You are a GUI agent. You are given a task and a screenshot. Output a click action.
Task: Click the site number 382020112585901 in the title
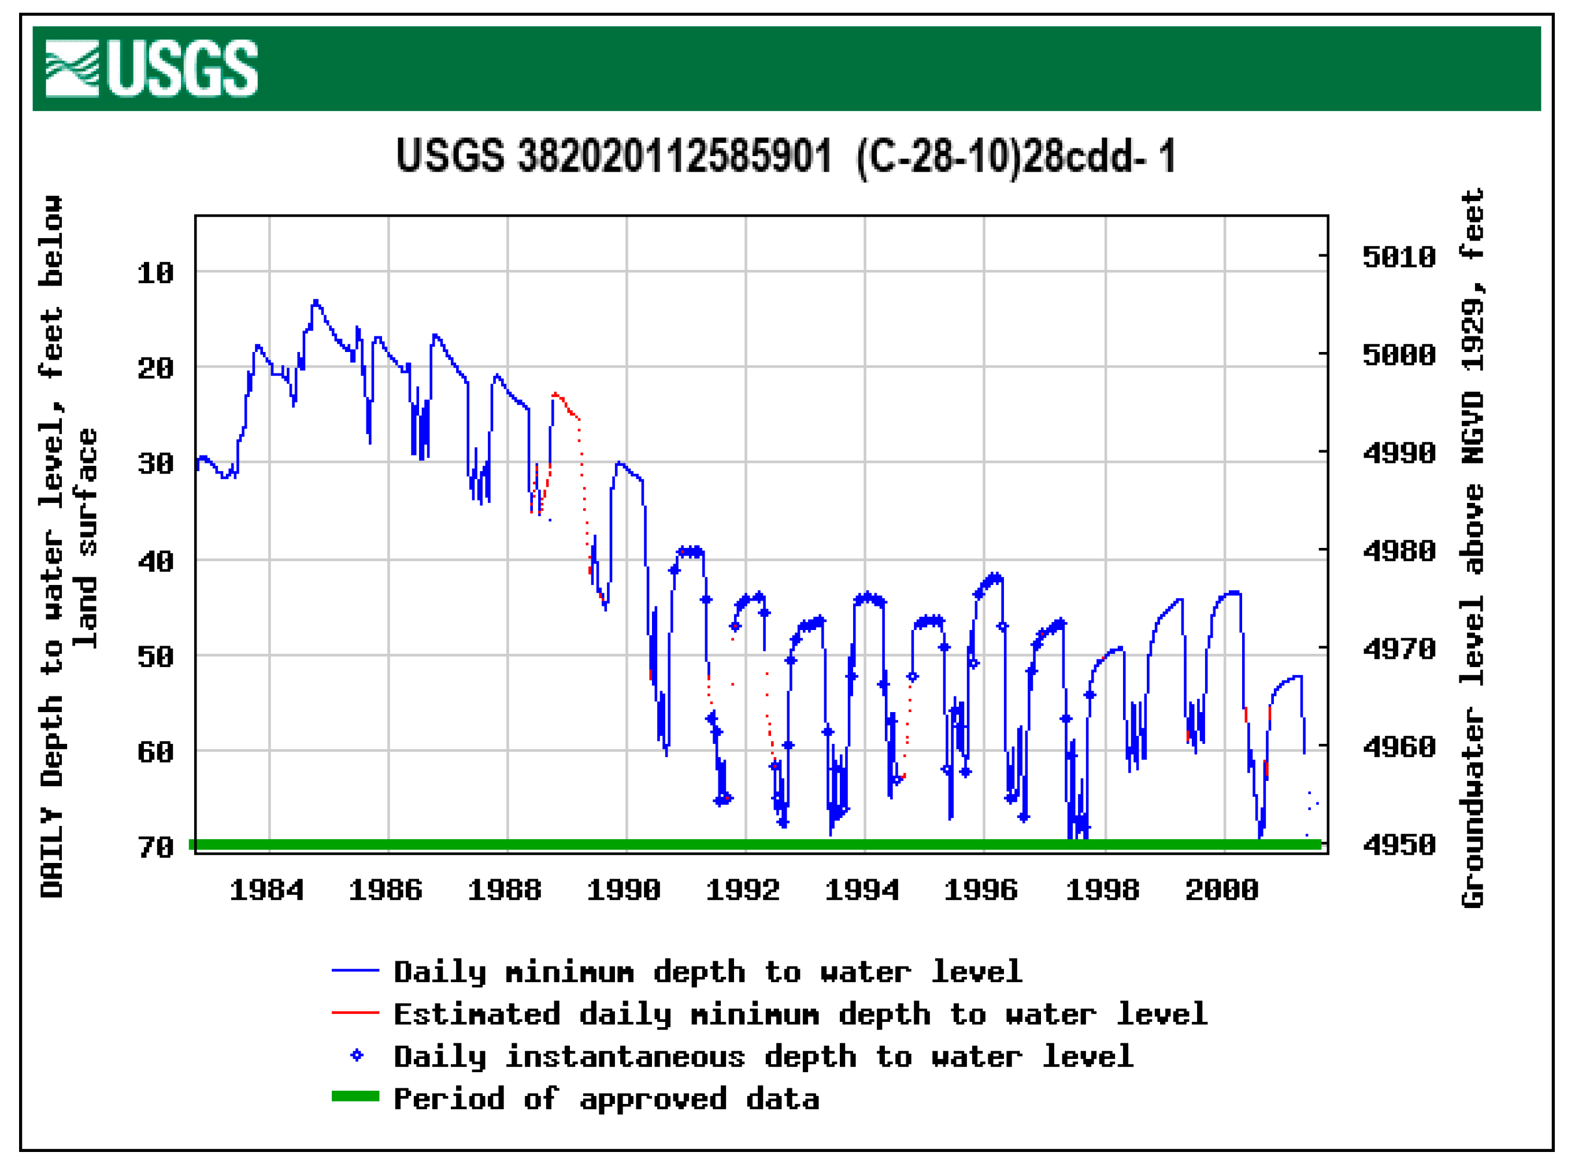click(x=675, y=156)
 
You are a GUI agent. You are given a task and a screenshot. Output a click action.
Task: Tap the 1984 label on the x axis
click(x=266, y=890)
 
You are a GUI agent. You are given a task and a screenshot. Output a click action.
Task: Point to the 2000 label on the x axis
click(x=1221, y=890)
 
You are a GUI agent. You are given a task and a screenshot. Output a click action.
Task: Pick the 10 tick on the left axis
click(x=155, y=273)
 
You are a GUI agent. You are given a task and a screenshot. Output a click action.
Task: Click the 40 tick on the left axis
click(x=155, y=562)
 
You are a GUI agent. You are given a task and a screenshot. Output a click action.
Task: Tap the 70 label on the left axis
click(x=155, y=847)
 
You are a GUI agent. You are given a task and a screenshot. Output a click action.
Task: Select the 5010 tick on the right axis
click(x=1399, y=257)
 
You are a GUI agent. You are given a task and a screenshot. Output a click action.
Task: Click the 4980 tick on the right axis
click(x=1399, y=551)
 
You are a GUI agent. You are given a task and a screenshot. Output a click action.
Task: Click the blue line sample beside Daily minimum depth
click(x=355, y=970)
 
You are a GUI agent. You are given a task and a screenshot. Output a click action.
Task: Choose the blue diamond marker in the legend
click(x=357, y=1055)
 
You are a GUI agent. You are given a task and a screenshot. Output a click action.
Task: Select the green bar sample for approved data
click(x=355, y=1096)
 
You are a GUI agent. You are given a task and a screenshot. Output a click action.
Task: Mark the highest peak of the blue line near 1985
click(x=316, y=301)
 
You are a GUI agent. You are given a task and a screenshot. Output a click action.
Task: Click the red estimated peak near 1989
click(x=555, y=394)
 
